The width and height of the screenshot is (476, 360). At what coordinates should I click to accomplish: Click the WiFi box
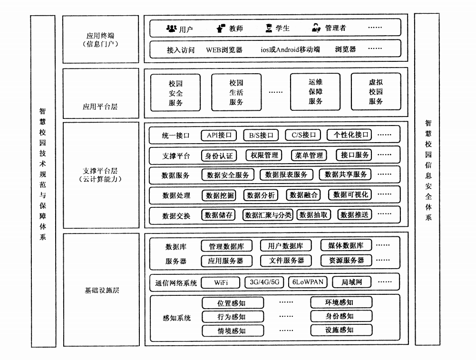[220, 282]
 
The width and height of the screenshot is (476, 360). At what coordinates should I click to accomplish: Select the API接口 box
[219, 135]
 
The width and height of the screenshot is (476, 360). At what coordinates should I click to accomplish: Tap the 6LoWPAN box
[308, 282]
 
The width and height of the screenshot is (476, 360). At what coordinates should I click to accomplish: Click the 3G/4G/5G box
[264, 282]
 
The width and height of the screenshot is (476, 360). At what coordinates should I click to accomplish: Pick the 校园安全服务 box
[175, 93]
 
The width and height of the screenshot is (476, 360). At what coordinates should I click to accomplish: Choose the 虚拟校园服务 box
[376, 91]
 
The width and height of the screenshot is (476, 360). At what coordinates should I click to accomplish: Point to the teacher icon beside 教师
[221, 28]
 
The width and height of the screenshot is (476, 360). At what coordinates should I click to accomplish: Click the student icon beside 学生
[269, 28]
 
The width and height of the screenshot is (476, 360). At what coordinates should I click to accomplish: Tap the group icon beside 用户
[172, 29]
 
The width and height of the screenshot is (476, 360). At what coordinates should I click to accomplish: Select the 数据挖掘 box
[219, 195]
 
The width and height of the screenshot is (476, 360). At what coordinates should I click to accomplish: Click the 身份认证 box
[219, 156]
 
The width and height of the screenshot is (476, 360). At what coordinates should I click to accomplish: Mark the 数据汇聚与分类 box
[268, 215]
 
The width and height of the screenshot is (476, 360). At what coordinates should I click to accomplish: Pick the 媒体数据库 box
[346, 245]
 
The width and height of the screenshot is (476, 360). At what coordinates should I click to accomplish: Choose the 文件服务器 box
[286, 261]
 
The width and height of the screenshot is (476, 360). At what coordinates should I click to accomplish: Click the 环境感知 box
[341, 302]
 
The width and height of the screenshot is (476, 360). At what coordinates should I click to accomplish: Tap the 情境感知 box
[233, 331]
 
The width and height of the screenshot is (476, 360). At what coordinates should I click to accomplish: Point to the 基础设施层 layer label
[102, 290]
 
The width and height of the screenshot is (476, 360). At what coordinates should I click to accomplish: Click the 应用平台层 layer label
[100, 107]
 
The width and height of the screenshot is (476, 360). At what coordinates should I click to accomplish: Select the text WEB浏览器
[224, 50]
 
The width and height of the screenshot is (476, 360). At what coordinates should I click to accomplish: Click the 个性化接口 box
[350, 135]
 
